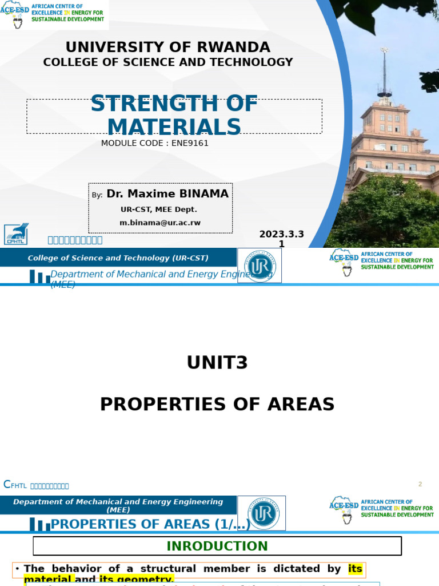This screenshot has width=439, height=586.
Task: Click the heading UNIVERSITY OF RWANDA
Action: pos(168,47)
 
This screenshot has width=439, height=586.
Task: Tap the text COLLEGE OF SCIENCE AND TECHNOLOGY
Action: pos(168,62)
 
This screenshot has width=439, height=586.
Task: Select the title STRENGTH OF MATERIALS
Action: pos(174,116)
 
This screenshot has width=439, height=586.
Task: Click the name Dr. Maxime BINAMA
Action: pos(167,194)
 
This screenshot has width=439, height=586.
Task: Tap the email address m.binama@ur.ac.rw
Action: pos(160,223)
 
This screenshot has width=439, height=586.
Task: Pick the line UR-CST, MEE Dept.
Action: pos(160,209)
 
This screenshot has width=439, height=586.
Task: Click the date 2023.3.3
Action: pos(281,234)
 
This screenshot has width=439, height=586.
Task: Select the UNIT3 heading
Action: pos(217,363)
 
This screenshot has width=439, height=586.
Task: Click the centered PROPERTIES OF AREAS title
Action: pos(217,404)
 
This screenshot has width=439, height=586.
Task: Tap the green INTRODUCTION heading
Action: pos(217,546)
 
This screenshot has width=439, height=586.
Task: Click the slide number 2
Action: pos(420,484)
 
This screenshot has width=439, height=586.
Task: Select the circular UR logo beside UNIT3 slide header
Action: pos(260,265)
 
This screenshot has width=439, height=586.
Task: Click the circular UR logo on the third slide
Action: pos(262,513)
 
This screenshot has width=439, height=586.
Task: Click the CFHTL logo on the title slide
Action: pos(15,234)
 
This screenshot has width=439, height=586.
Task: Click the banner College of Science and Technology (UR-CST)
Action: pos(118,258)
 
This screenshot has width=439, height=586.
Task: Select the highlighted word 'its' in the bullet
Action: pos(355,569)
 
